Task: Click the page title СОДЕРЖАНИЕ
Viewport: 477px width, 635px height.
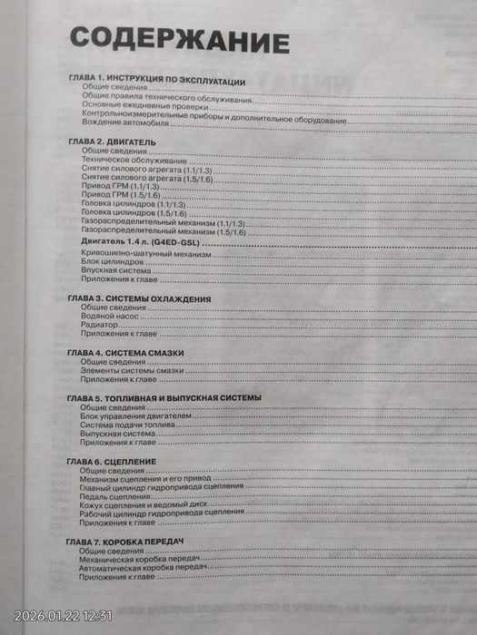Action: (x=180, y=40)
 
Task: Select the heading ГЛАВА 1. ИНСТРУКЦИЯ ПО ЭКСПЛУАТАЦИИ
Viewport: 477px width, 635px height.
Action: (x=157, y=81)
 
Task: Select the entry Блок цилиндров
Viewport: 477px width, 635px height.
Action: (x=112, y=263)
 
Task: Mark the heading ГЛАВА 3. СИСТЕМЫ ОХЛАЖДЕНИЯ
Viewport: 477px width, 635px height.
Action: (x=140, y=298)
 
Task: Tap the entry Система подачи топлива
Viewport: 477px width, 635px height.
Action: (x=130, y=425)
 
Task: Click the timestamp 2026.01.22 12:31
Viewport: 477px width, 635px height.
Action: (x=63, y=616)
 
